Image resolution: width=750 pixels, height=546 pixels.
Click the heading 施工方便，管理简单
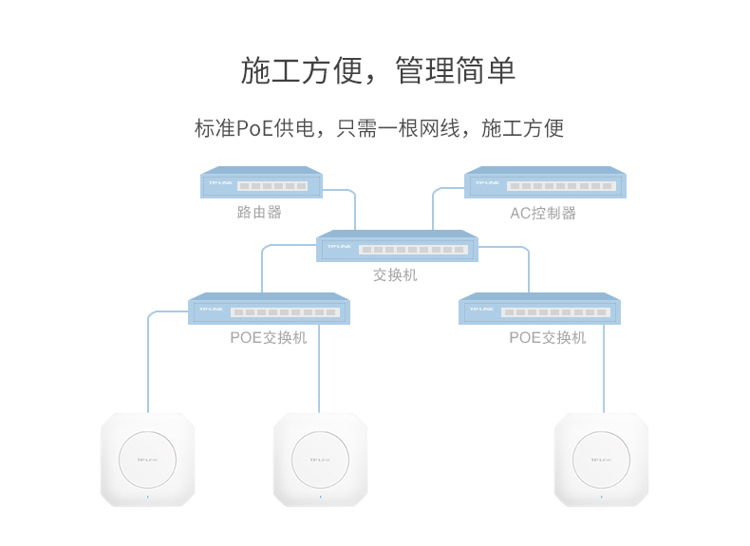[x=378, y=71]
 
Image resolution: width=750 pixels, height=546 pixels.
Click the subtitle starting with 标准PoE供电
[x=379, y=128]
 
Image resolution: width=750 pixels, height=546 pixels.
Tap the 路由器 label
[x=259, y=212]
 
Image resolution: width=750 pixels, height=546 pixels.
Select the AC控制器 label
[x=543, y=213]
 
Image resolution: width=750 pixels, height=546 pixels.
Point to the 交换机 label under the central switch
[x=395, y=275]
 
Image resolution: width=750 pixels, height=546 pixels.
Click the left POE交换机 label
[x=268, y=337]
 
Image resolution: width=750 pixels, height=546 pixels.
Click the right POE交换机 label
[x=547, y=337]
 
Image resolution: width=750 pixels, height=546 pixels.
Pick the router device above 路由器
[x=262, y=183]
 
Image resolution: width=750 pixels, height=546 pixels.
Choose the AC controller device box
[x=545, y=183]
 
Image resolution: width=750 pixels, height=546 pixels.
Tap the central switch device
[x=397, y=247]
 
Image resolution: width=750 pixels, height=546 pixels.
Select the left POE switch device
[x=269, y=310]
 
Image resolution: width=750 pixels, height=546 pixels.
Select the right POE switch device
[x=539, y=310]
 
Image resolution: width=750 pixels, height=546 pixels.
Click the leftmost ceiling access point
[x=148, y=460]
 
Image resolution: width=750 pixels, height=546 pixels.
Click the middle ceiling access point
[x=320, y=460]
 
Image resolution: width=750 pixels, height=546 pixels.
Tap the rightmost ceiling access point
[x=601, y=460]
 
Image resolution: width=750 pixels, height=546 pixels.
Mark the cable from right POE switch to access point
[x=604, y=370]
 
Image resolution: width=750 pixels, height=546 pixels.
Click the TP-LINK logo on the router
[x=219, y=182]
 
